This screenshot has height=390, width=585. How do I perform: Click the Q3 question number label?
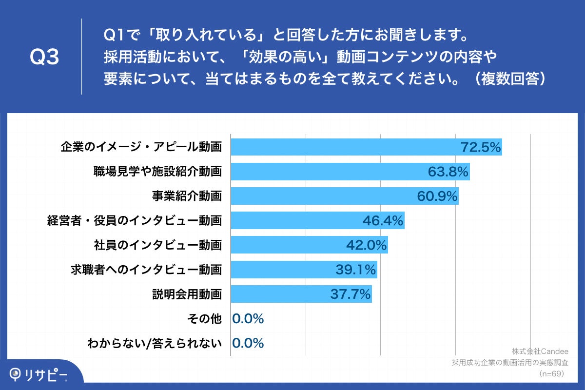tap(44, 58)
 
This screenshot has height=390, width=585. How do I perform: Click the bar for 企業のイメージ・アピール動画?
tap(341, 147)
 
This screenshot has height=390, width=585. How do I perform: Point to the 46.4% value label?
tap(383, 221)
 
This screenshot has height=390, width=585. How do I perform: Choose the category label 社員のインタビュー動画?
tap(158, 245)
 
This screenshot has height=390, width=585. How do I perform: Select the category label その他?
tap(204, 319)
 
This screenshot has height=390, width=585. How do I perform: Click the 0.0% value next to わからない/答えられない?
tap(248, 343)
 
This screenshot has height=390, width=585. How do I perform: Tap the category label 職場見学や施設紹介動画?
tap(158, 171)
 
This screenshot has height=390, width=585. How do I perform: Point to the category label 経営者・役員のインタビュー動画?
tap(135, 220)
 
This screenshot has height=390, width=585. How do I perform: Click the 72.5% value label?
tap(481, 147)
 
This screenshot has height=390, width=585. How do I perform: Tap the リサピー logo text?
tap(47, 374)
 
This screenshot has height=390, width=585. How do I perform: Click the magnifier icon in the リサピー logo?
tap(17, 374)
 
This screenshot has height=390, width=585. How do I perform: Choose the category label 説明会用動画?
tap(187, 294)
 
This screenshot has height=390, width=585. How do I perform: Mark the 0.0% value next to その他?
tap(248, 319)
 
